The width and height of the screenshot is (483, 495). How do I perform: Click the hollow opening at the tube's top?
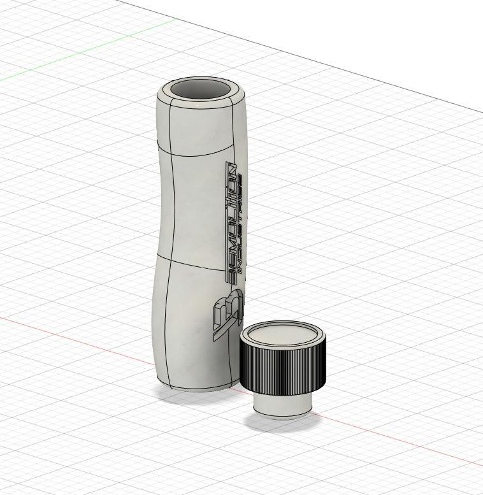coord(201,90)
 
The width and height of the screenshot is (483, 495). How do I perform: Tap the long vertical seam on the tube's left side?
coord(169,255)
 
